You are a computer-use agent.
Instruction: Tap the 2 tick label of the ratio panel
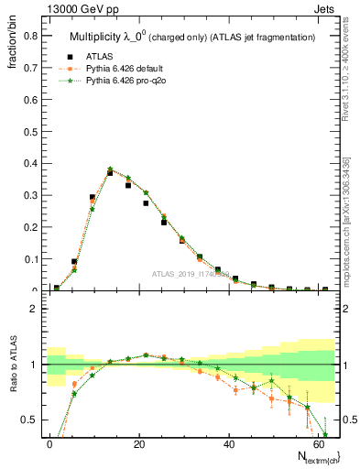pyautogui.click(x=32, y=309)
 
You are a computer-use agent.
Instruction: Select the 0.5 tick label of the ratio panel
pyautogui.click(x=27, y=420)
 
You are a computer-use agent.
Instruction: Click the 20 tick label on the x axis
pyautogui.click(x=138, y=444)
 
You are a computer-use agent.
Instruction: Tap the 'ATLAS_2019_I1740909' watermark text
pyautogui.click(x=190, y=274)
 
